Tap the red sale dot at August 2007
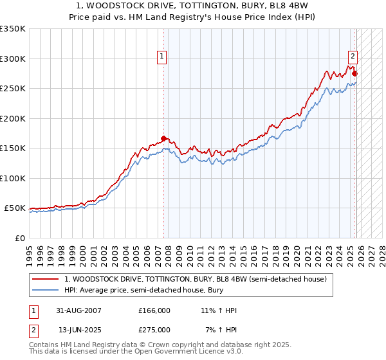point(164,138)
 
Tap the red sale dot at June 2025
point(354,73)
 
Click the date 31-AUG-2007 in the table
point(78,310)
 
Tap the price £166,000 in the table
point(154,310)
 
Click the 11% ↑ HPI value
point(219,310)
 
